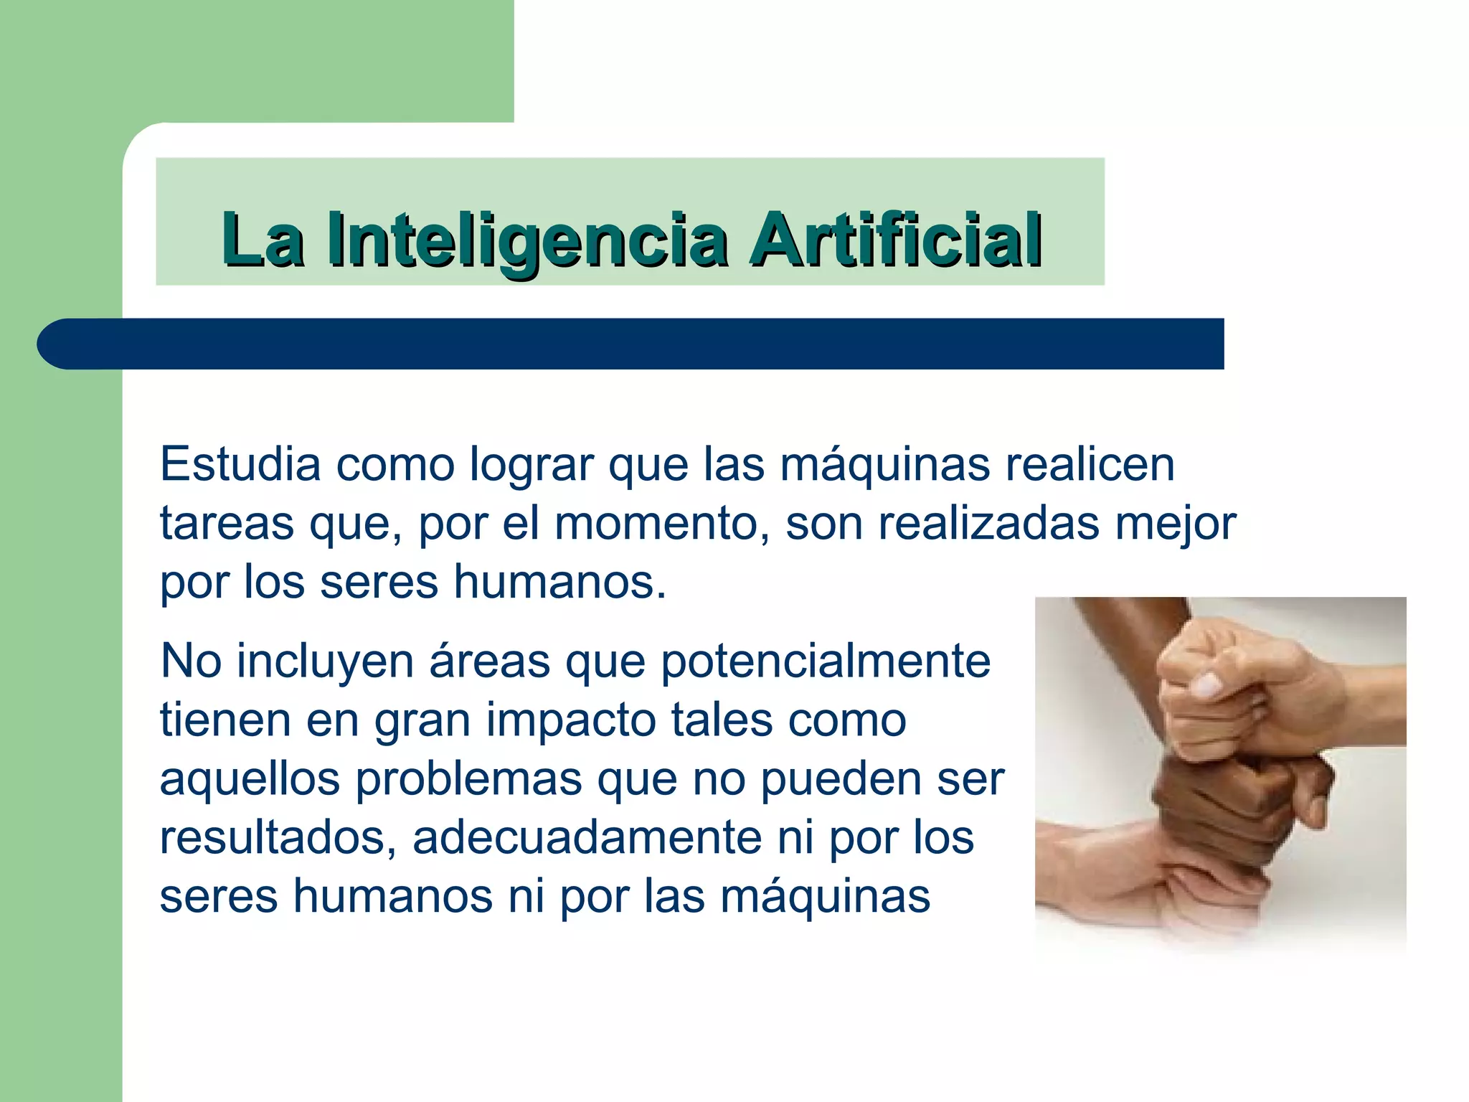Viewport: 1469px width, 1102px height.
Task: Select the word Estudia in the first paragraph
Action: click(240, 464)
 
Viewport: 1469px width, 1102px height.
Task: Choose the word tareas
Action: click(227, 523)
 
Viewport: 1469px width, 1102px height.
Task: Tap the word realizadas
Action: click(989, 523)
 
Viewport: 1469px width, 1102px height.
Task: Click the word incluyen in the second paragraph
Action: click(325, 661)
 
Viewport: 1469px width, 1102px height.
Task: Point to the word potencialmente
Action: click(826, 661)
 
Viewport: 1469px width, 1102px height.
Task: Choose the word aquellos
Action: click(250, 778)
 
